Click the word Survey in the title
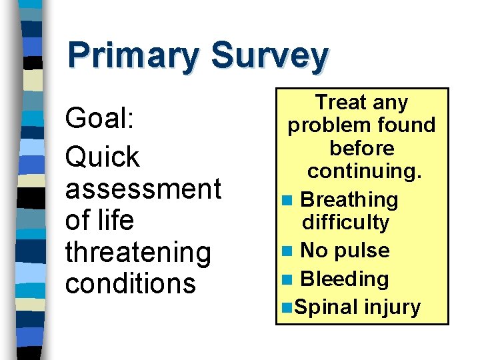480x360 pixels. (269, 57)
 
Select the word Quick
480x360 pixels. (102, 157)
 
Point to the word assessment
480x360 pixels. (143, 189)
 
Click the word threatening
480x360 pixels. (137, 252)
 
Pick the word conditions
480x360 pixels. (130, 283)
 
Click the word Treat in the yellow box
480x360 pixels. (338, 103)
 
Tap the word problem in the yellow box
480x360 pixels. (326, 125)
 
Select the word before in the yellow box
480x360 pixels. (362, 148)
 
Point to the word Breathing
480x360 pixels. (349, 200)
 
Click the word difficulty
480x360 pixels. (345, 222)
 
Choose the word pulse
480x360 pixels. (365, 251)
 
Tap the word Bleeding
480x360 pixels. (344, 279)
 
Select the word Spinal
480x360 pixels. (326, 307)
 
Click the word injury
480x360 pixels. (393, 307)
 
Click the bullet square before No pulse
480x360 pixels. (287, 251)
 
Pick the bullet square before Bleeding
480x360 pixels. (287, 279)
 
